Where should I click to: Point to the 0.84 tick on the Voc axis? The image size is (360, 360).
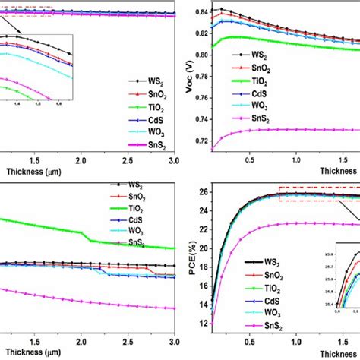tap(199, 13)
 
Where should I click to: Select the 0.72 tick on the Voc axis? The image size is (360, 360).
tap(199, 142)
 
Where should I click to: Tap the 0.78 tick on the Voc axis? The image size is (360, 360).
tap(199, 77)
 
